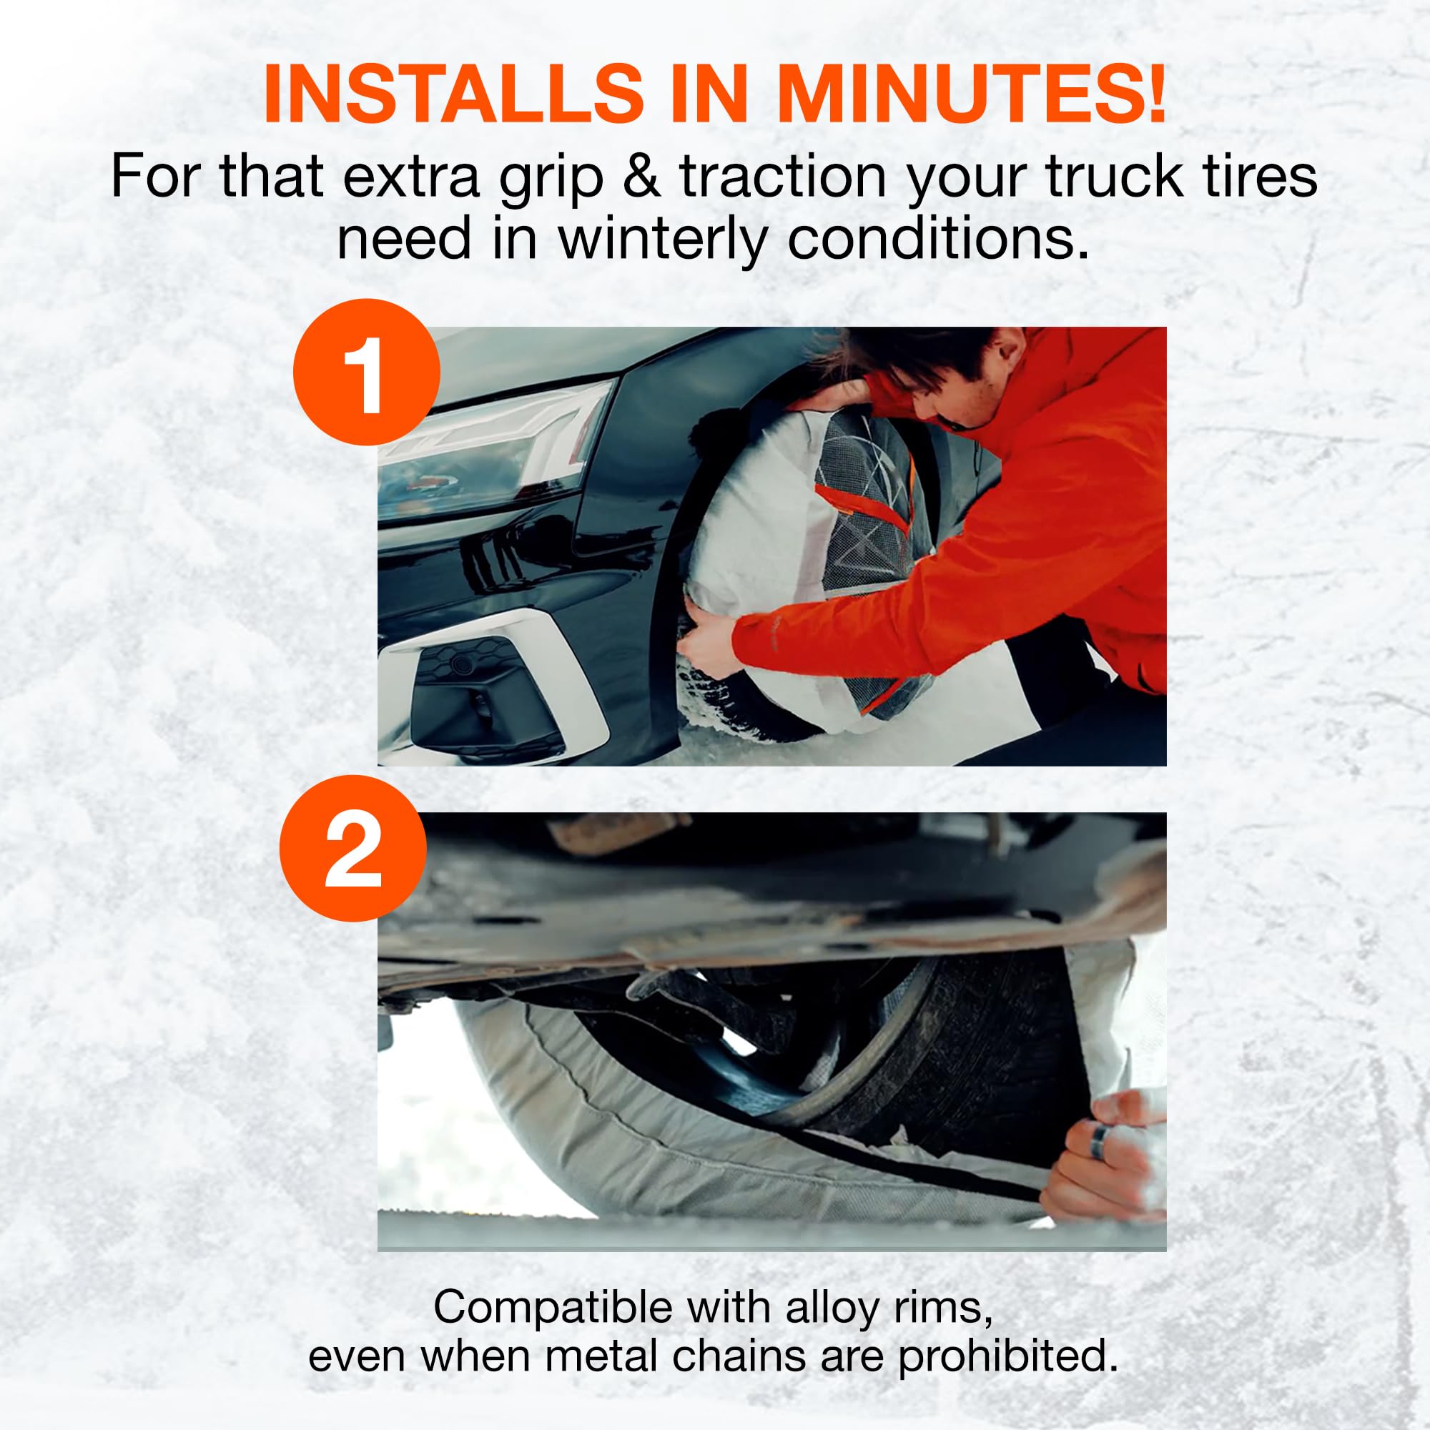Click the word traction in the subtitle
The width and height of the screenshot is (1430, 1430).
click(x=782, y=177)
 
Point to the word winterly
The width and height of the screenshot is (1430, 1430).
click(x=661, y=238)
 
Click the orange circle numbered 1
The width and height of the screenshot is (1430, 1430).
click(x=366, y=373)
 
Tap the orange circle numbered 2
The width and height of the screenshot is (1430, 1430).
click(x=353, y=848)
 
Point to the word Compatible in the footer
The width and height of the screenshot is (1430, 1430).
click(x=553, y=1308)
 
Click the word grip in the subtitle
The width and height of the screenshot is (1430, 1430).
click(x=549, y=178)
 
